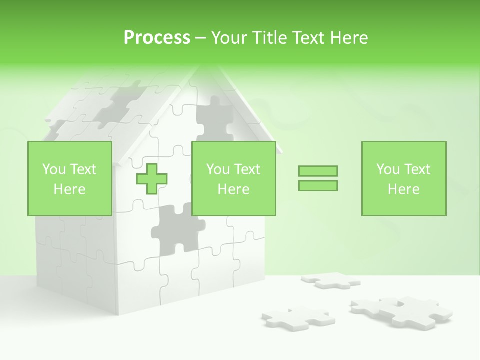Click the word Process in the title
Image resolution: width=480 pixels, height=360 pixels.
tap(157, 38)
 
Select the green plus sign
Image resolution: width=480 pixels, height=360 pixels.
tap(152, 179)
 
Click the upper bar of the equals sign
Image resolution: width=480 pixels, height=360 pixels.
tap(318, 171)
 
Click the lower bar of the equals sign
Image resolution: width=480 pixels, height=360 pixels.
tap(318, 185)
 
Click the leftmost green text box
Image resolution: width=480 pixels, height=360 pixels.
tap(69, 179)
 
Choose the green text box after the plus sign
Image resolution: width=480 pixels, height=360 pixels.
tap(233, 179)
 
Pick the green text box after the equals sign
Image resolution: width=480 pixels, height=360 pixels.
tap(403, 179)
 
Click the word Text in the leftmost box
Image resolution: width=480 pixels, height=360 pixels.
tap(83, 169)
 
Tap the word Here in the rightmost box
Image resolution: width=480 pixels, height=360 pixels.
tap(403, 189)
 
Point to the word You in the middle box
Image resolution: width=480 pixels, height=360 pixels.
tap(218, 169)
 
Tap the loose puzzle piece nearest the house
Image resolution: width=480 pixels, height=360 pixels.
tap(295, 317)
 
